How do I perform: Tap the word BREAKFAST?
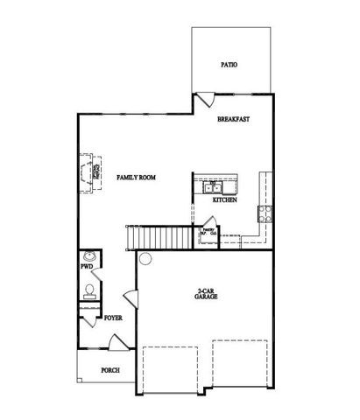pyautogui.click(x=235, y=120)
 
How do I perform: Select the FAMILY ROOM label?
pyautogui.click(x=136, y=177)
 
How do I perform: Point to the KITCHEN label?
pyautogui.click(x=225, y=200)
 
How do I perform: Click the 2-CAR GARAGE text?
pyautogui.click(x=207, y=295)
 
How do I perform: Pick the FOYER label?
pyautogui.click(x=113, y=318)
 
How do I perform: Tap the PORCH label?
pyautogui.click(x=109, y=369)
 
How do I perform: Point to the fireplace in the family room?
pyautogui.click(x=88, y=172)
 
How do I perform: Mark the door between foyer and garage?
pyautogui.click(x=131, y=300)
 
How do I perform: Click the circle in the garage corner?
pyautogui.click(x=145, y=259)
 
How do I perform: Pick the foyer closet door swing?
pyautogui.click(x=88, y=320)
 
